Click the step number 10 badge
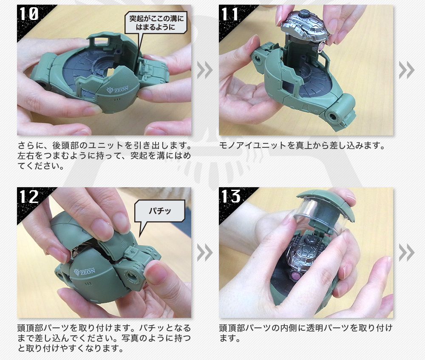[29, 14]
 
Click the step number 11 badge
[230, 14]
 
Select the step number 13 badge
[231, 196]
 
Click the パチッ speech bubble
[160, 211]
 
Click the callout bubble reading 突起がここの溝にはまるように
[156, 23]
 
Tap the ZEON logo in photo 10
[118, 90]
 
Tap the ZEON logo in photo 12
[85, 272]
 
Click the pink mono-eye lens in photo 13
[295, 276]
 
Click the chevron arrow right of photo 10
[205, 70]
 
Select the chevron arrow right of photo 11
[407, 70]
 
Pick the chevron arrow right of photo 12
[205, 253]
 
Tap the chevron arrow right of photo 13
[407, 253]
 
